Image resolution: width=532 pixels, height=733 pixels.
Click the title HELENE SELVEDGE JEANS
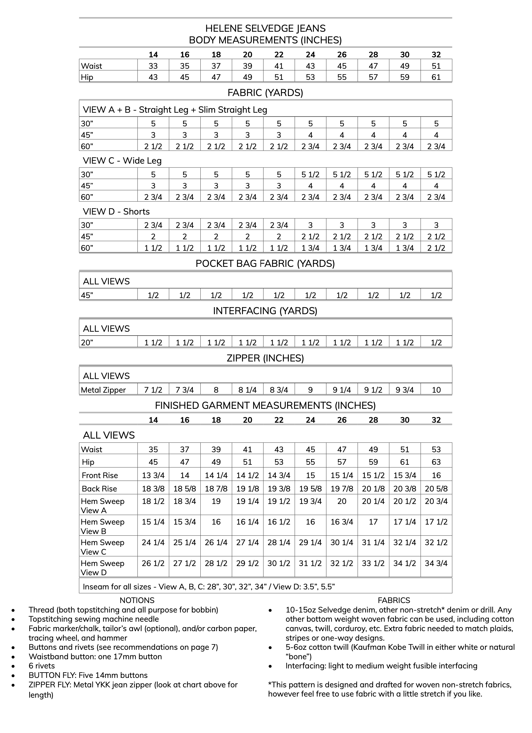point(265,28)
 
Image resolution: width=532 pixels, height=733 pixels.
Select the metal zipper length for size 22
point(279,390)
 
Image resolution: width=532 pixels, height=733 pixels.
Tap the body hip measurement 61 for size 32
point(436,77)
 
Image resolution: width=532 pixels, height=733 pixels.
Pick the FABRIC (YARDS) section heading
point(265,93)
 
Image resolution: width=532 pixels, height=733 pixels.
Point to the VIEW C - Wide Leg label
point(122,161)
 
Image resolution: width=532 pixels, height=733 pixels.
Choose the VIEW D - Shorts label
point(116,211)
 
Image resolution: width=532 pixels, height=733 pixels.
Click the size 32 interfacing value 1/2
point(436,343)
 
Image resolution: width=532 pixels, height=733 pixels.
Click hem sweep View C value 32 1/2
point(436,542)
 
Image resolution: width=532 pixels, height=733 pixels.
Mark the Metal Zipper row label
point(103,390)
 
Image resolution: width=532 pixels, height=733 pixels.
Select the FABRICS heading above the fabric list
point(394,600)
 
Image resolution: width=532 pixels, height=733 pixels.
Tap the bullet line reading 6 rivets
point(42,666)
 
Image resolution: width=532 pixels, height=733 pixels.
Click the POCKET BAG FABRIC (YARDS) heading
point(265,264)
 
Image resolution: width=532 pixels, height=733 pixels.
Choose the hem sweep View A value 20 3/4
point(436,501)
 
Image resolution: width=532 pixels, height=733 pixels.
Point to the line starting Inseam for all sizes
point(208,587)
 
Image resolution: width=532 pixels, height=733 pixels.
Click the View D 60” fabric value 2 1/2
point(436,248)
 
